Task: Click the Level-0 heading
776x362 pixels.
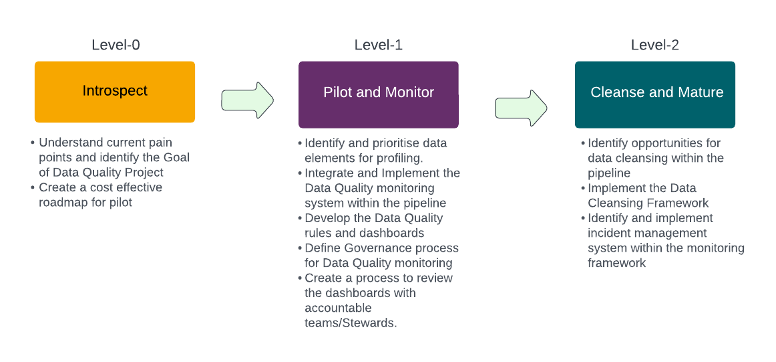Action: (x=116, y=45)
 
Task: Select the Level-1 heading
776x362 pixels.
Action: (x=378, y=45)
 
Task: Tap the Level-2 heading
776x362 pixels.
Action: (x=654, y=45)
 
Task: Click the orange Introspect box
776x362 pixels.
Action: (x=115, y=92)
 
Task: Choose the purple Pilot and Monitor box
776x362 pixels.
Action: (x=379, y=95)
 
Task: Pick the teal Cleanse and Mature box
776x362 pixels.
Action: (x=654, y=95)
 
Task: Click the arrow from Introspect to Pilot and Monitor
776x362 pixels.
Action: (x=248, y=100)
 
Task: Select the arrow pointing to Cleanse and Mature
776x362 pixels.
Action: (x=521, y=108)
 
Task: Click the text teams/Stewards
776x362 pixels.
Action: (x=351, y=323)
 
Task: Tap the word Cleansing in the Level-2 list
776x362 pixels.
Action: (x=615, y=203)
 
